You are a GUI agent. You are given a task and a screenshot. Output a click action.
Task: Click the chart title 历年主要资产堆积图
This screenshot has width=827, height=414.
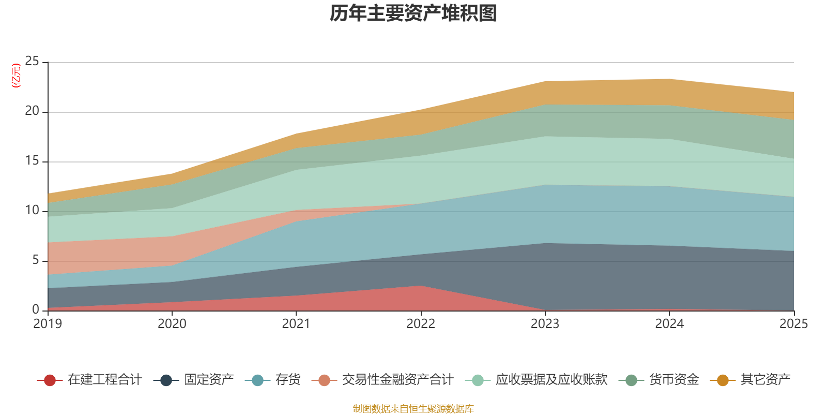[413, 14]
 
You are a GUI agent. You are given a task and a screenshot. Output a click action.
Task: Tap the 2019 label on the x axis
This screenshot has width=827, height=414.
[48, 324]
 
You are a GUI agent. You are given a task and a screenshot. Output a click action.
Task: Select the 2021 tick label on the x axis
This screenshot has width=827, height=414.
[296, 324]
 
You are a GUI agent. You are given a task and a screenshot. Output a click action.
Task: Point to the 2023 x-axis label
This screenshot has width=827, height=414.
[545, 324]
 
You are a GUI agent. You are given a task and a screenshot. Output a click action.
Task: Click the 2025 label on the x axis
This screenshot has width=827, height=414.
[793, 324]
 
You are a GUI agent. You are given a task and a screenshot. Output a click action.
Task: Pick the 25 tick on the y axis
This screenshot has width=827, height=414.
[32, 62]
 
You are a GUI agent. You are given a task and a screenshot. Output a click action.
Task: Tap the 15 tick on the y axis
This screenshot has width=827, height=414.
[32, 161]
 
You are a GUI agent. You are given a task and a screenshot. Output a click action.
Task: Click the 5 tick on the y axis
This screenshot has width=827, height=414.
[35, 260]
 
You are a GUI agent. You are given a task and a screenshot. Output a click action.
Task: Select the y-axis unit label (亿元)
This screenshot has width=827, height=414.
[16, 76]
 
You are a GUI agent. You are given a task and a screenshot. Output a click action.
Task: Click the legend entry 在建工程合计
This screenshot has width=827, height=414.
[104, 380]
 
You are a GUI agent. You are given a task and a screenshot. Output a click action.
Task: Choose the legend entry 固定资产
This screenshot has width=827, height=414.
[209, 380]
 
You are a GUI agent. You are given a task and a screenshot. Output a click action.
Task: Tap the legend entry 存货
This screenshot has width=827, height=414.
[288, 380]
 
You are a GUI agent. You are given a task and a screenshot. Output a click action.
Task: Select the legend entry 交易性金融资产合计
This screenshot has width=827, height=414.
[397, 380]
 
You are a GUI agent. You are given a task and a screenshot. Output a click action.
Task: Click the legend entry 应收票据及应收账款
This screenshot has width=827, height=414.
[551, 380]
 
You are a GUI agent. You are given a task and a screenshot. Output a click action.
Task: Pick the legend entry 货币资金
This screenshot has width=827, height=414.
[674, 380]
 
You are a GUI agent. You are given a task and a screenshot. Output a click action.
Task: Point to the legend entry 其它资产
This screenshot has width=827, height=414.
[765, 380]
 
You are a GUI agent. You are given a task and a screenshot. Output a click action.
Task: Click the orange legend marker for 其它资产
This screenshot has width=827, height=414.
[723, 380]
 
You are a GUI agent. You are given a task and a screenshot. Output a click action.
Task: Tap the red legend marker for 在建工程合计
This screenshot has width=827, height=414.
[50, 380]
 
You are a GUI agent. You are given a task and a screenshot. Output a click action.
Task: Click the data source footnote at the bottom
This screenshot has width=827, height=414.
[413, 409]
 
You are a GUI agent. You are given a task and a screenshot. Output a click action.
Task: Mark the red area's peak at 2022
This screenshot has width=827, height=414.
[421, 286]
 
